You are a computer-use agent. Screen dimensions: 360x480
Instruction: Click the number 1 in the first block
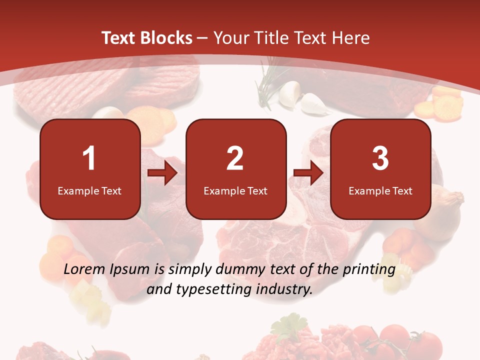coord(89,159)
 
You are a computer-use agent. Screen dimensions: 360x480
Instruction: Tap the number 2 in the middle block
coord(235,159)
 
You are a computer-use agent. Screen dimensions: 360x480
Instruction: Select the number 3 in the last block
coord(380,159)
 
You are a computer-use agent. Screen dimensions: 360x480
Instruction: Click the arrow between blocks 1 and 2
coord(162,173)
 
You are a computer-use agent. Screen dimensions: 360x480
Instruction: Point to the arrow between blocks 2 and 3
coord(308,173)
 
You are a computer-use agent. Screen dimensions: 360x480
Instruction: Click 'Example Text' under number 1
coord(89,191)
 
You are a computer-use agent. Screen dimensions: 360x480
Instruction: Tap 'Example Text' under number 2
coord(235,191)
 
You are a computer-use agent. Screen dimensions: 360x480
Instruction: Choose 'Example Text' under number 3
coord(380,191)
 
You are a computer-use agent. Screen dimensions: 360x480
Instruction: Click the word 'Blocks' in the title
coord(165,38)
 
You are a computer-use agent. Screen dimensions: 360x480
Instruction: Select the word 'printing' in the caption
coord(369,269)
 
